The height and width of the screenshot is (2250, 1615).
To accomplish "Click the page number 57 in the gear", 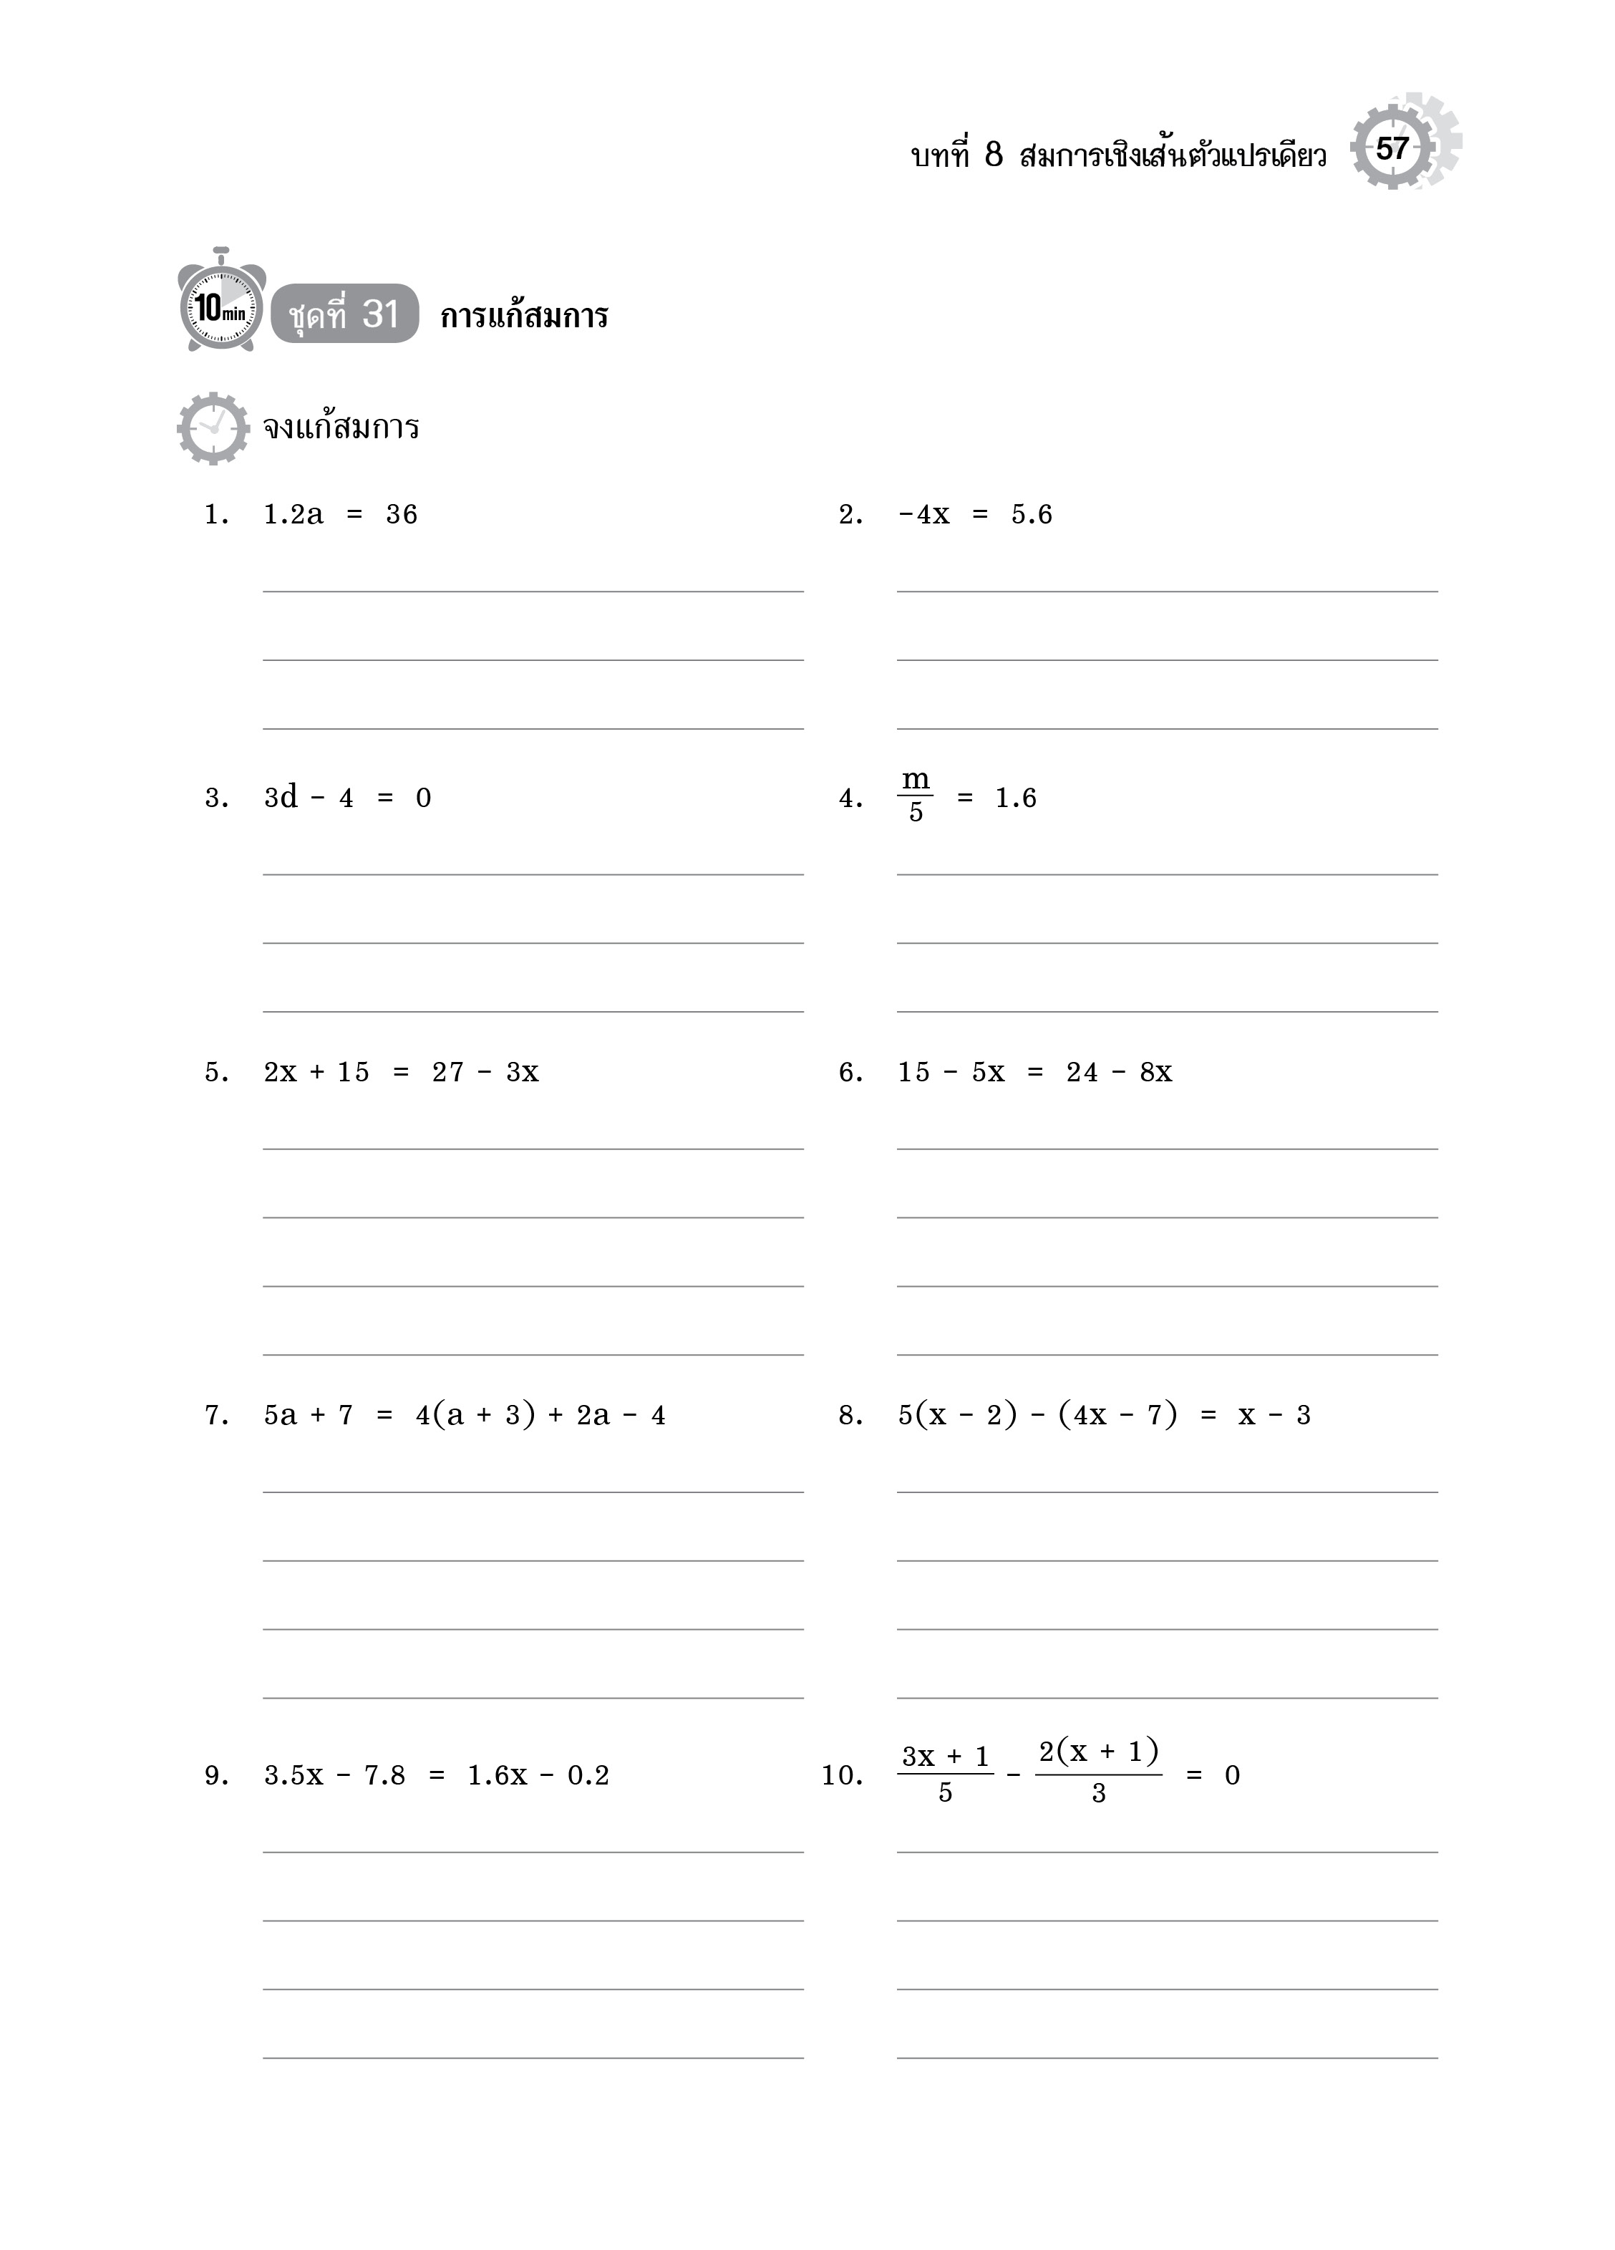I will tap(1392, 149).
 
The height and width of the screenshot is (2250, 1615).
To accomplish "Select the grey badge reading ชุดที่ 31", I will tap(344, 314).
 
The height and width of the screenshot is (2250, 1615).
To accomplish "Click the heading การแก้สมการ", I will tap(524, 317).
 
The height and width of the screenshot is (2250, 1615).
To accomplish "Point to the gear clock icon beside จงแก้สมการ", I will tap(213, 428).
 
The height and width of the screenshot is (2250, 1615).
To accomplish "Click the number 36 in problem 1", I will tap(402, 515).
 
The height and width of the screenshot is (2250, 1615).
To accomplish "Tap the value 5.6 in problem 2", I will tap(1032, 515).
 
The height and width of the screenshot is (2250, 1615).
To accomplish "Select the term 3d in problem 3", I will tap(281, 798).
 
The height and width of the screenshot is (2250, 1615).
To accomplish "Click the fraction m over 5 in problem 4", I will tap(915, 796).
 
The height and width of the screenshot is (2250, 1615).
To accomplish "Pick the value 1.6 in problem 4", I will tap(1016, 798).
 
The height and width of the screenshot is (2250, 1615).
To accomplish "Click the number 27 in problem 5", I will tap(448, 1073).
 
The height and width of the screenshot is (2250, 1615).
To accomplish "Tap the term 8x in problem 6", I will tap(1155, 1073).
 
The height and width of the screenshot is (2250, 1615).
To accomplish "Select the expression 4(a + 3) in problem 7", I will tap(475, 1415).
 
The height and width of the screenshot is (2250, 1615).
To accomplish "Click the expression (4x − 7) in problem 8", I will tap(1118, 1415).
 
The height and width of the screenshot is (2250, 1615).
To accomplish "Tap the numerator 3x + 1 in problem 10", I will tap(946, 1757).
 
